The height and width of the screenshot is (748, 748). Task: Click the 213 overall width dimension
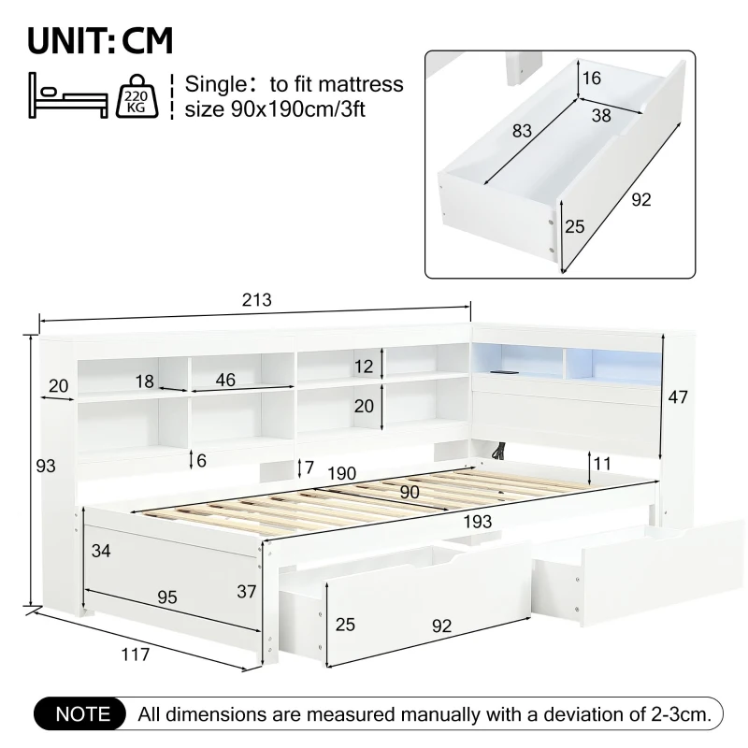pyautogui.click(x=256, y=300)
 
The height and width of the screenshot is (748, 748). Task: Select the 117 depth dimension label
pyautogui.click(x=136, y=654)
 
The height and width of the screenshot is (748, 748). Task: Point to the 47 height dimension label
pyautogui.click(x=678, y=396)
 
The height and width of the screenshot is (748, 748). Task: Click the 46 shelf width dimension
pyautogui.click(x=224, y=380)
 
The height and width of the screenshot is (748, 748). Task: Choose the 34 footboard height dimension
pyautogui.click(x=101, y=551)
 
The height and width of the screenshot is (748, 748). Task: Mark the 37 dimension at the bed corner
pyautogui.click(x=247, y=591)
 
